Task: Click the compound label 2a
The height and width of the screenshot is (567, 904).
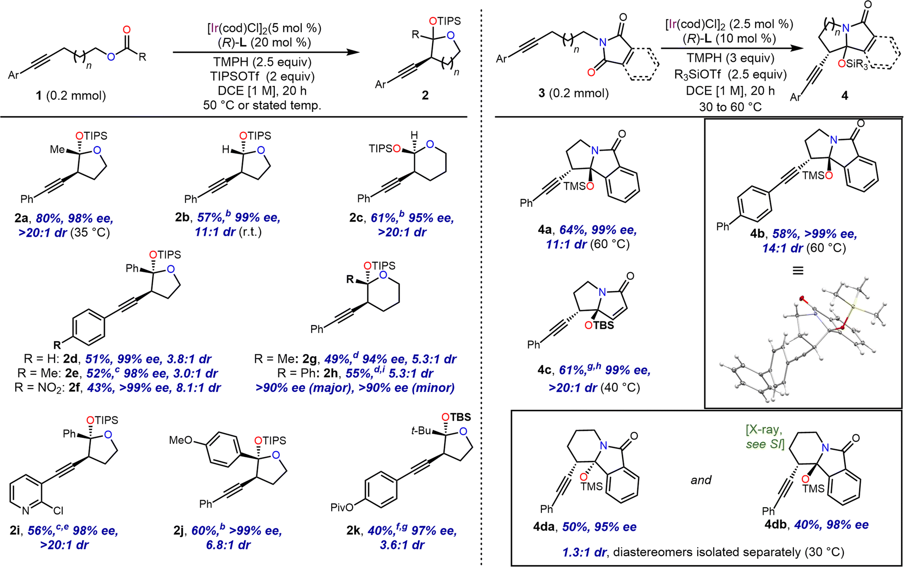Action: click(x=21, y=218)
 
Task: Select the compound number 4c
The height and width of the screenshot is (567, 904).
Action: click(x=544, y=370)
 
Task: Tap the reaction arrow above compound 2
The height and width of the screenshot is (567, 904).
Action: click(x=266, y=52)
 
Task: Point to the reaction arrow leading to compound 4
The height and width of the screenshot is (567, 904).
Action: click(x=732, y=48)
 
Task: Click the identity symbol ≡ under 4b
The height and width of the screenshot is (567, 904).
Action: click(x=798, y=270)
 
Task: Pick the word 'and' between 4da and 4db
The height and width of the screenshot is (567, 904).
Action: click(x=701, y=480)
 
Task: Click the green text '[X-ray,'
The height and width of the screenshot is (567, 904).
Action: click(x=764, y=430)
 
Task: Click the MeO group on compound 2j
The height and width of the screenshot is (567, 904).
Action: click(x=181, y=440)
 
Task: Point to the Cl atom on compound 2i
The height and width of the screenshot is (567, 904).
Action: click(x=58, y=511)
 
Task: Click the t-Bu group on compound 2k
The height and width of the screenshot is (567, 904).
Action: click(x=421, y=431)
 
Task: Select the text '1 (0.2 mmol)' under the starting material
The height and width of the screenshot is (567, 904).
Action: click(x=71, y=95)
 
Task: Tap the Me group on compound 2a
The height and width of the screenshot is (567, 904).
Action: click(x=57, y=149)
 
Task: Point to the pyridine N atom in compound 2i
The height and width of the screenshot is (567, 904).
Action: click(x=26, y=511)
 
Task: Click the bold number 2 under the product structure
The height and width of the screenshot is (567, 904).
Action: click(x=425, y=95)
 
